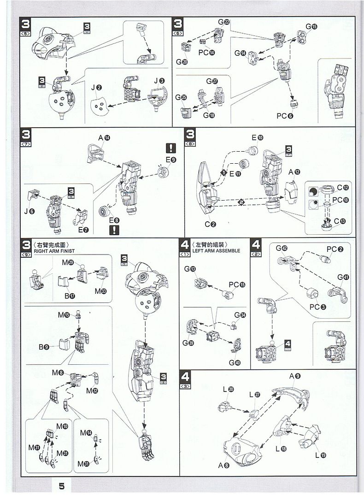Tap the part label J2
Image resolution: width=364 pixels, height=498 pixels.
pos(96,88)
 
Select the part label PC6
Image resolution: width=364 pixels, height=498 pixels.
pos(285,116)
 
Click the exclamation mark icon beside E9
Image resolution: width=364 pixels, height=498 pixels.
pos(171,148)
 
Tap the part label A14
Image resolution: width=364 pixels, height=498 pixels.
pos(104,138)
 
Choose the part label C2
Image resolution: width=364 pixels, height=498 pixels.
pos(211,225)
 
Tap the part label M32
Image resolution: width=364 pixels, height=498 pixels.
pos(92,391)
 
